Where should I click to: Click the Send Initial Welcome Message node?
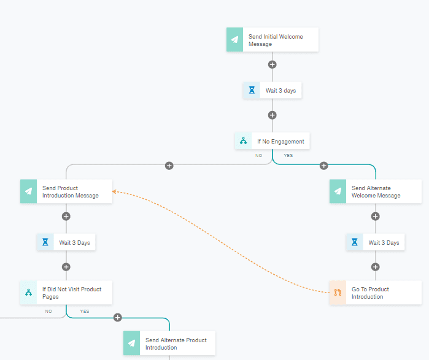point(272,40)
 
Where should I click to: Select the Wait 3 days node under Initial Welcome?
point(272,90)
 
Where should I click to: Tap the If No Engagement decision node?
point(272,141)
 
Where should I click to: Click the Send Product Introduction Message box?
point(66,191)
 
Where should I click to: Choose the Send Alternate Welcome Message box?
point(376,191)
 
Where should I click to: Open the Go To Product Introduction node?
point(376,293)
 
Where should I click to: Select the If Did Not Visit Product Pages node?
point(66,293)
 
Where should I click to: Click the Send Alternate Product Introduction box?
point(169,343)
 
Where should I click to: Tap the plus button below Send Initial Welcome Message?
point(272,64)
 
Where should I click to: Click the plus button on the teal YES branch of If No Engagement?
point(324,166)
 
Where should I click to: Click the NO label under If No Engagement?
point(259,156)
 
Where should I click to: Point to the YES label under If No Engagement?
point(288,156)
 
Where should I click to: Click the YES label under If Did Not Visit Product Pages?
point(85,312)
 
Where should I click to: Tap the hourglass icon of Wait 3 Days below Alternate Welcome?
point(355,242)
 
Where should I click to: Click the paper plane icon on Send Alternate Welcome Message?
point(338,191)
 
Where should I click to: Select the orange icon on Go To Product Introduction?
point(338,293)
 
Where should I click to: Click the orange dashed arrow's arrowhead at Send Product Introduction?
point(115,193)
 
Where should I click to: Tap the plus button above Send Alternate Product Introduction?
point(118,317)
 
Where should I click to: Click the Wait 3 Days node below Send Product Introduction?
point(66,242)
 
